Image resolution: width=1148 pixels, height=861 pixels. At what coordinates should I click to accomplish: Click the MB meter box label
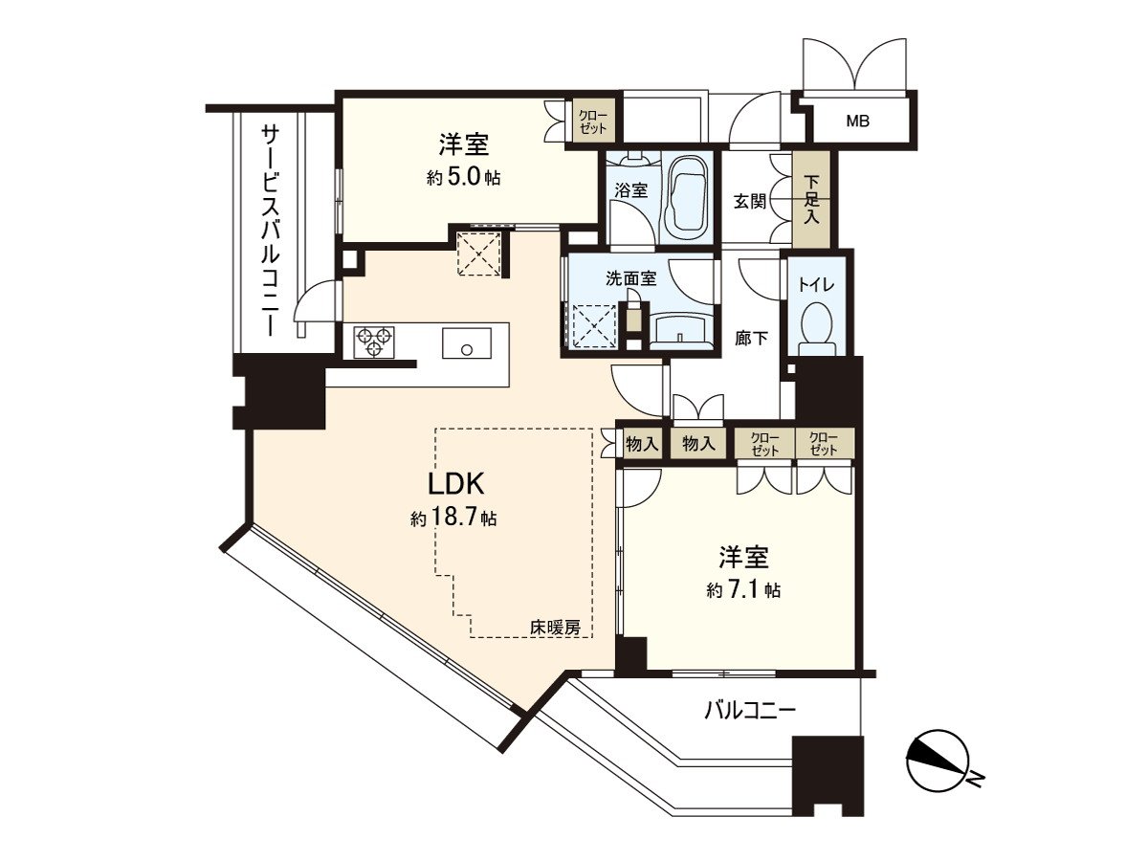point(858,121)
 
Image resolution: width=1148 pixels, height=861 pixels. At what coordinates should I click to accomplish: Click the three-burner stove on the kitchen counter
point(373,342)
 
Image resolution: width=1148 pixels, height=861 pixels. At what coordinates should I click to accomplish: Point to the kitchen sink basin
point(467,342)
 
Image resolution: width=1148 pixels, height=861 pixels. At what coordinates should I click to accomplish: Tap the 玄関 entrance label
point(750,201)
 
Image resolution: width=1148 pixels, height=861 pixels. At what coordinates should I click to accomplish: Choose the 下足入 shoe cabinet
point(810,199)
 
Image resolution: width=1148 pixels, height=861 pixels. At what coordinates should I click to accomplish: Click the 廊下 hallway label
point(751,339)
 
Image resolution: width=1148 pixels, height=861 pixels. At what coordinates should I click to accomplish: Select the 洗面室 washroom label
point(630,278)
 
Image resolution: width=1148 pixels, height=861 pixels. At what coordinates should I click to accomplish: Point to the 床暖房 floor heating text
point(555,628)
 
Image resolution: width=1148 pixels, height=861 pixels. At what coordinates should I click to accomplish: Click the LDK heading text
point(455,484)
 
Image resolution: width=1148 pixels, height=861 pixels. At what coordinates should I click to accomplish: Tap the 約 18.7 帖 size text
point(453,519)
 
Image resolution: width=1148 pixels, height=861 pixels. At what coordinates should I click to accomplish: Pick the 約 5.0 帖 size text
point(463,178)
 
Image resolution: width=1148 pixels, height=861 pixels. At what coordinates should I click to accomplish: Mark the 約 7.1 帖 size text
point(743,590)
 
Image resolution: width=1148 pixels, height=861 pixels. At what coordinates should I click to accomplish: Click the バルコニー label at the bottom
point(749,711)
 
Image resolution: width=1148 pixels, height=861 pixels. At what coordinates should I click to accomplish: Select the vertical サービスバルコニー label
point(272,230)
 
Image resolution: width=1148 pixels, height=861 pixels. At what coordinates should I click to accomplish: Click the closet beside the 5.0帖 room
point(592,121)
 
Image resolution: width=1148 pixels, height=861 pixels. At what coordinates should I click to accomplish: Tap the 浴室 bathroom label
point(630,190)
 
